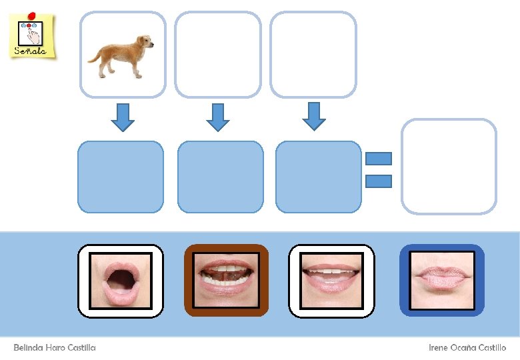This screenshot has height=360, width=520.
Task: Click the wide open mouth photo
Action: tap(121, 281)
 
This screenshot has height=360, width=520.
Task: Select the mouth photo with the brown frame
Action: tap(226, 280)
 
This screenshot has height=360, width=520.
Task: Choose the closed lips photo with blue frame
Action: tap(441, 280)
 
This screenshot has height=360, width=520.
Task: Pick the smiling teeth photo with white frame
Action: tap(331, 280)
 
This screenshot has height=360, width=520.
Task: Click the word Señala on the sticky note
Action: tap(31, 51)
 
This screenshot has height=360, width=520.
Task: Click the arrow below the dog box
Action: tap(122, 117)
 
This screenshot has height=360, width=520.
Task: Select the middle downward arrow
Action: tap(217, 117)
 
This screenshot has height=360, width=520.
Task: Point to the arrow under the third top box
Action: tap(314, 116)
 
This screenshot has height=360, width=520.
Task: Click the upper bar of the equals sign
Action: tap(379, 159)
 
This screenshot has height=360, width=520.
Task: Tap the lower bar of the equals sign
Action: tap(379, 181)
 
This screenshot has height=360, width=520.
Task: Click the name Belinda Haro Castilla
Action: tap(55, 348)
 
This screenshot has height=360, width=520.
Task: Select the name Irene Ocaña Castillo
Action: tap(467, 348)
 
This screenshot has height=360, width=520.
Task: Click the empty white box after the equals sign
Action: tap(449, 167)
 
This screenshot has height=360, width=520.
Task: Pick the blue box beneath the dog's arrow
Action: tap(121, 177)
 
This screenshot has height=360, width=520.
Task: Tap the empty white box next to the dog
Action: tap(218, 55)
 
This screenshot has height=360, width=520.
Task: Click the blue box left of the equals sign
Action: tap(318, 177)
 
